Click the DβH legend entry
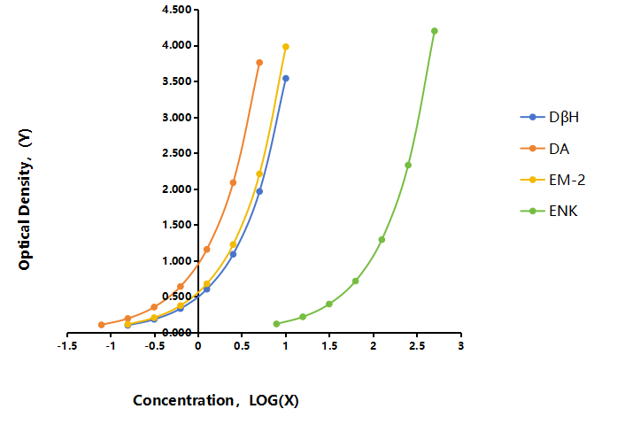pyautogui.click(x=550, y=117)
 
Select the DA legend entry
pyautogui.click(x=544, y=149)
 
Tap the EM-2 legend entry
pyautogui.click(x=553, y=180)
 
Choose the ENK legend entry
pyautogui.click(x=549, y=211)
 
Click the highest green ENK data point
pyautogui.click(x=435, y=31)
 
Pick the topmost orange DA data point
pyautogui.click(x=259, y=63)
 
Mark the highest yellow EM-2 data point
pyautogui.click(x=286, y=47)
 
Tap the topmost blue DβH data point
pyautogui.click(x=286, y=79)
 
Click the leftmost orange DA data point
pyautogui.click(x=102, y=325)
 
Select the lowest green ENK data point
pyautogui.click(x=276, y=324)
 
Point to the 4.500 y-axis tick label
pyautogui.click(x=176, y=10)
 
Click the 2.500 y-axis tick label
pyautogui.click(x=176, y=153)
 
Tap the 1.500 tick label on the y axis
pyautogui.click(x=176, y=225)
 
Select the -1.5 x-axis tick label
pyautogui.click(x=67, y=346)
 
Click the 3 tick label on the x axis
pyautogui.click(x=460, y=346)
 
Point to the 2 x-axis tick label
pyautogui.click(x=373, y=346)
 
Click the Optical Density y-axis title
pyautogui.click(x=25, y=199)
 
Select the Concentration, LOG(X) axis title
pyautogui.click(x=216, y=400)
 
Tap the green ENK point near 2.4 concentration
pyautogui.click(x=408, y=166)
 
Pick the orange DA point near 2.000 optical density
pyautogui.click(x=233, y=182)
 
